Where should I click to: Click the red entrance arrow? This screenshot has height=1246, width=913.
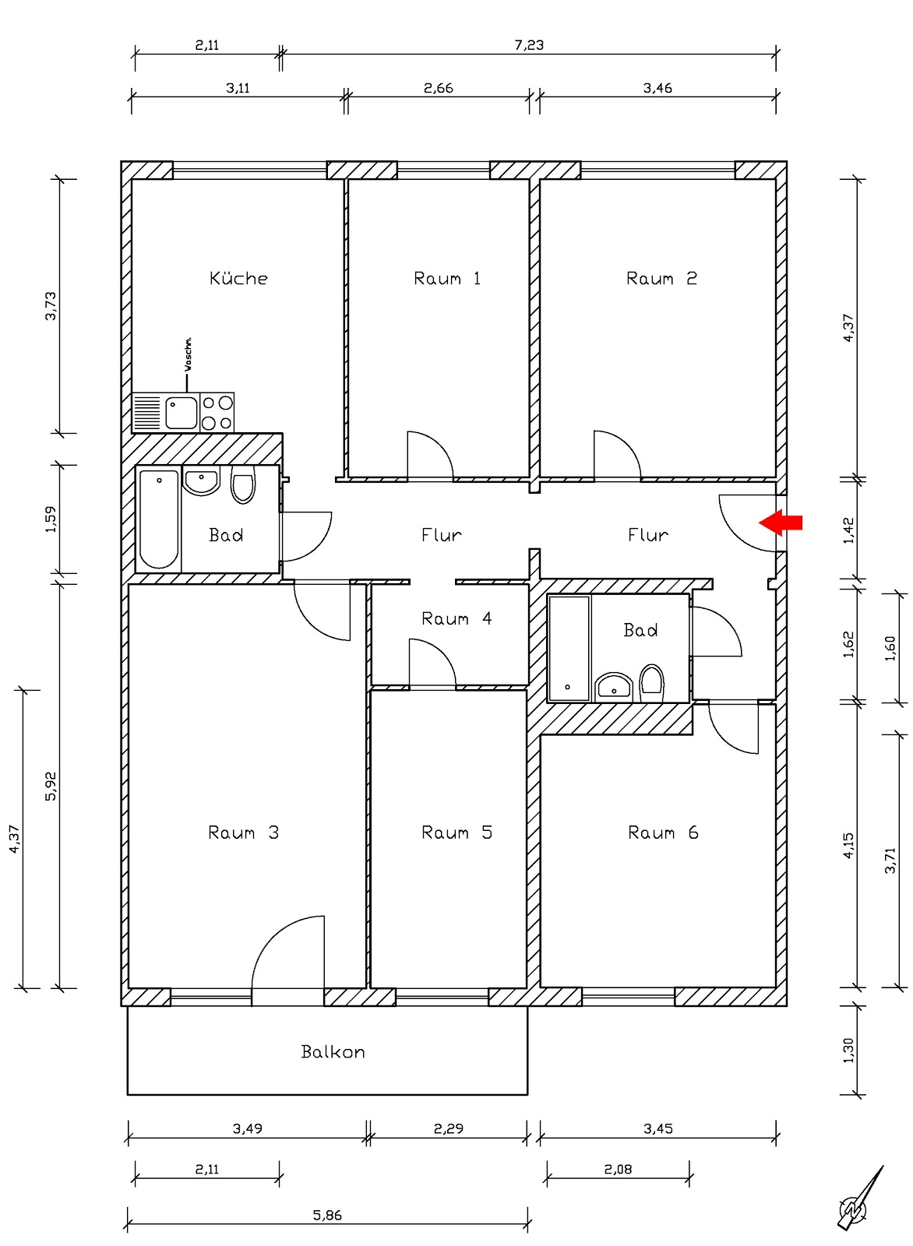point(780,523)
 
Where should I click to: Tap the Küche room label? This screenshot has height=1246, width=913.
point(238,277)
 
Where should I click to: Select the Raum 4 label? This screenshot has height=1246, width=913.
point(456,618)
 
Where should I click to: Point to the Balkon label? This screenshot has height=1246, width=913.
point(333,1051)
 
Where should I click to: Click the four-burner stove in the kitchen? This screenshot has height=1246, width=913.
point(217,412)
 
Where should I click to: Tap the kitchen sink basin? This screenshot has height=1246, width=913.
point(182,412)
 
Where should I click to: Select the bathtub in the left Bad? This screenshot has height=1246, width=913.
point(159,519)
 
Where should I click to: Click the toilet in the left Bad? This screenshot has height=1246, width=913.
point(242,485)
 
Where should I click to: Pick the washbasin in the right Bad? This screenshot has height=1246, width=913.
point(614,688)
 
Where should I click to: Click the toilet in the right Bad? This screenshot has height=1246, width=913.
point(651,684)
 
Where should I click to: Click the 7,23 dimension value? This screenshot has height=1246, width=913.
point(528,44)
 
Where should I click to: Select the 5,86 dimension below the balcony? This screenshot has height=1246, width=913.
point(327,1215)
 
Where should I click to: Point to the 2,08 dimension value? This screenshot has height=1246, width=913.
point(618,1169)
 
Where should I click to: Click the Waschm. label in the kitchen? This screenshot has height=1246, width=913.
point(188,354)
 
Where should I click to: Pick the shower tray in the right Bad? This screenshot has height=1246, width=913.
point(569,648)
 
